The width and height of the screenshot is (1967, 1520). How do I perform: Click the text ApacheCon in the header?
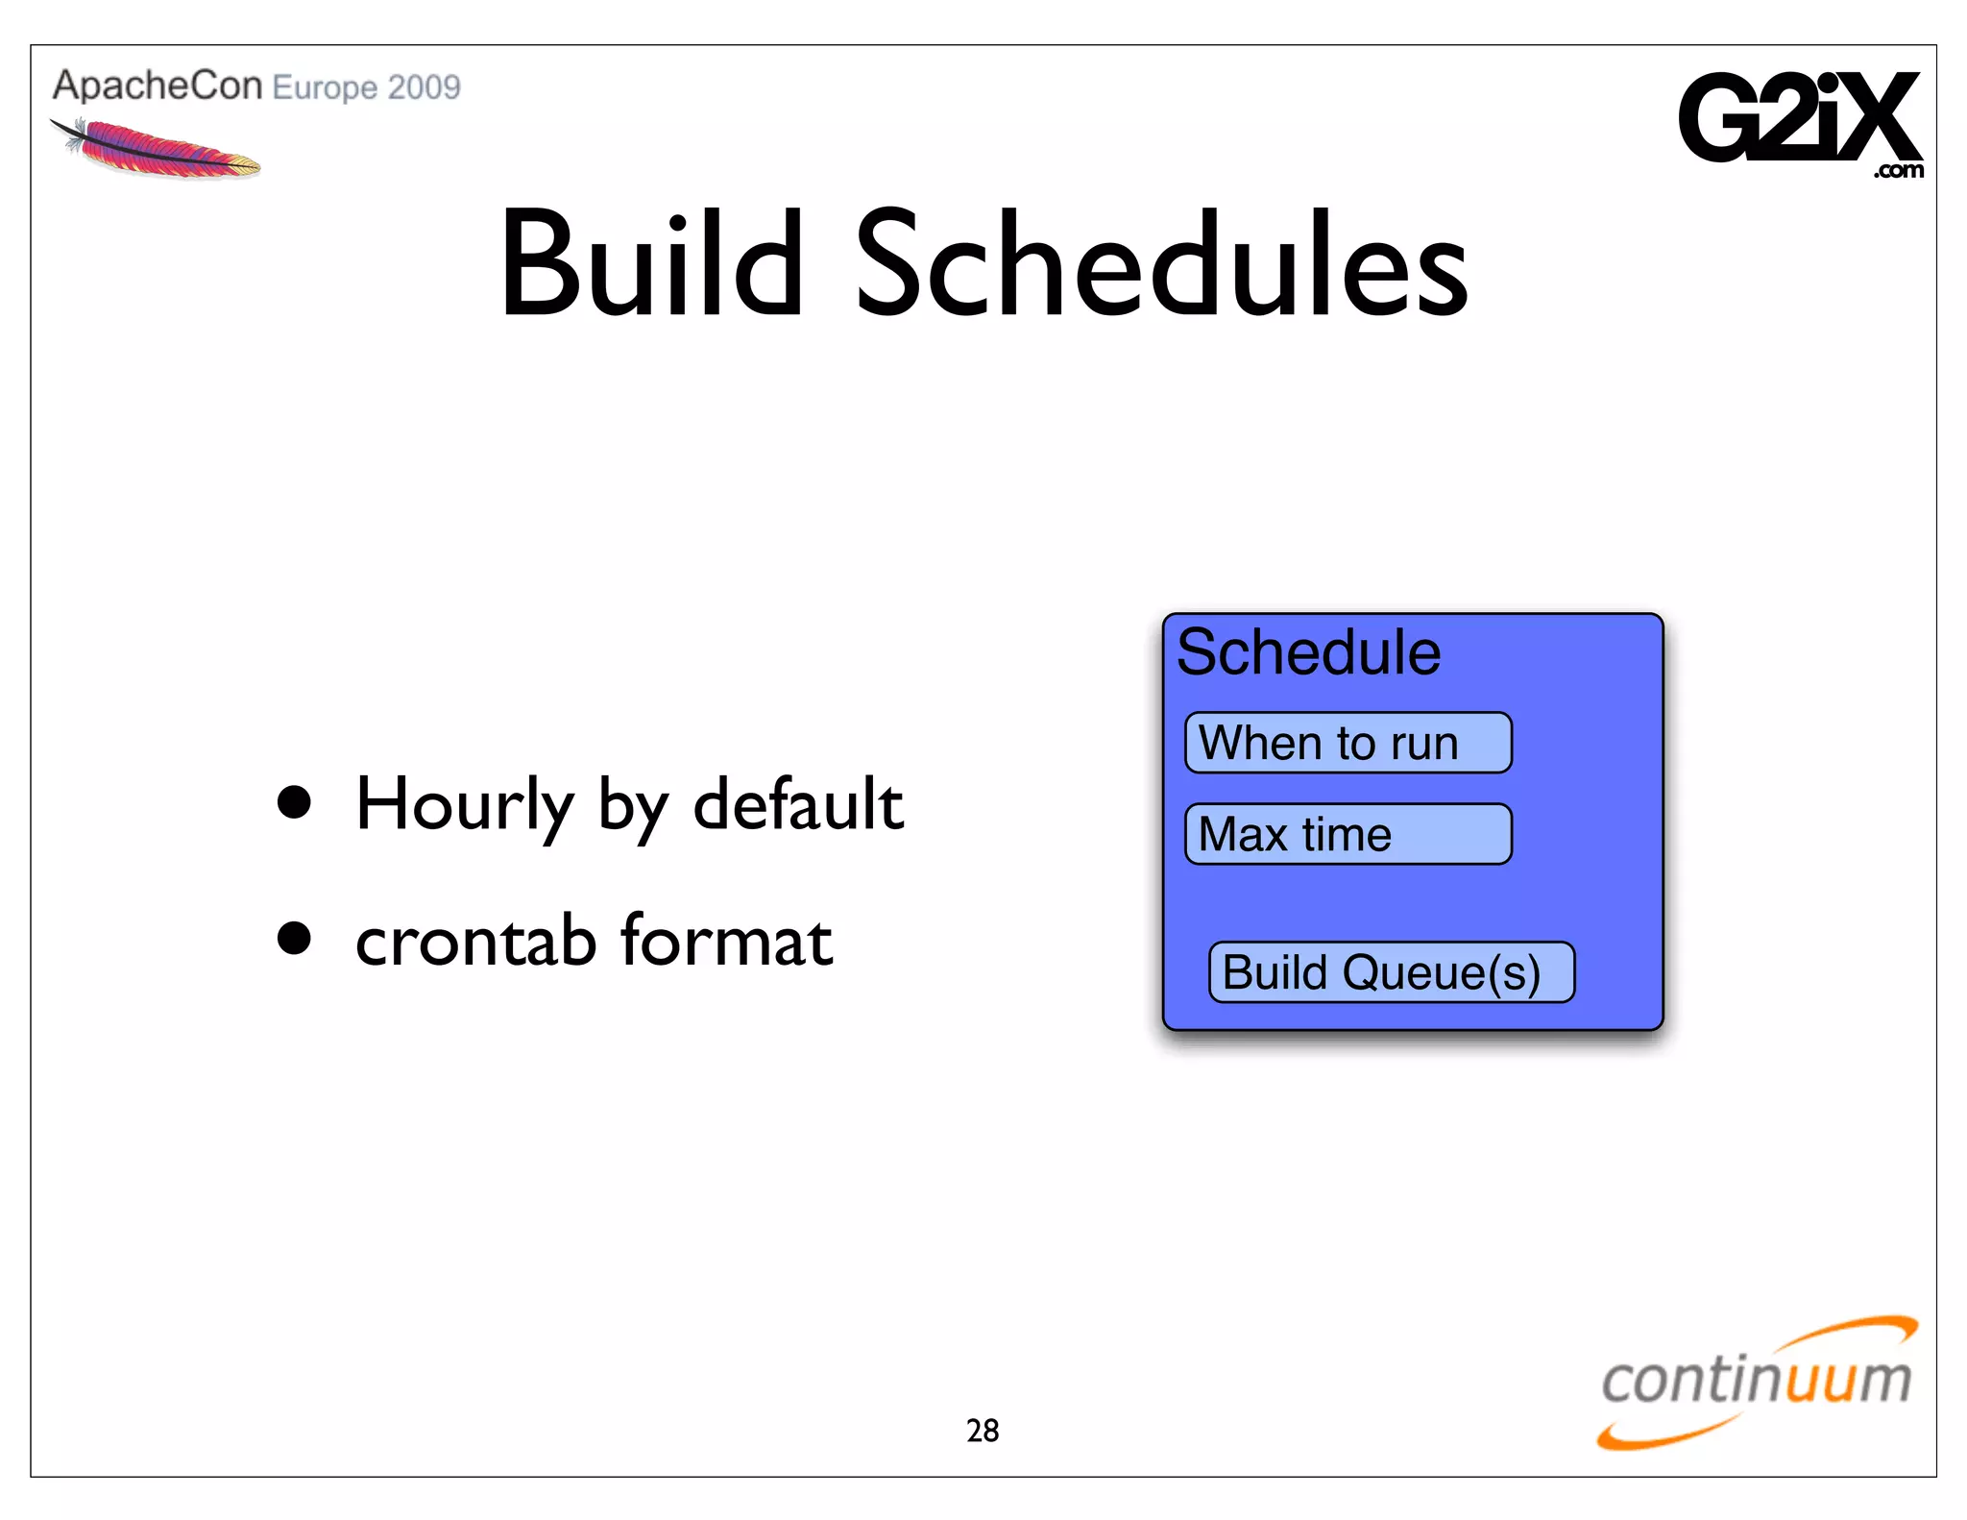[157, 86]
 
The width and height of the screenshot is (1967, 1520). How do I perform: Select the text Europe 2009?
[367, 87]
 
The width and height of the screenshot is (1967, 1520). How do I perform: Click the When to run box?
[1348, 743]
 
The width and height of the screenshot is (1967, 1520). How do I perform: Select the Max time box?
[1348, 834]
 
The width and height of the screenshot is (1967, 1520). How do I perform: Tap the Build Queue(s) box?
[1390, 972]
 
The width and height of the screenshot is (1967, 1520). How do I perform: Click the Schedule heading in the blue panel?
[1308, 652]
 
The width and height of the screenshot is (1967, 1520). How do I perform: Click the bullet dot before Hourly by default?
[294, 802]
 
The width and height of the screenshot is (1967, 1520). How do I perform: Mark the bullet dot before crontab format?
[294, 939]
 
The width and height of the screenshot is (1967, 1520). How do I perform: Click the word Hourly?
[464, 804]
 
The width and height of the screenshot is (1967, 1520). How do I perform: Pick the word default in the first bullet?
[797, 804]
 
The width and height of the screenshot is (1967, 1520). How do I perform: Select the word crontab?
[475, 941]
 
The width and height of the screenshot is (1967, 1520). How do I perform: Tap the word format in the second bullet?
[726, 941]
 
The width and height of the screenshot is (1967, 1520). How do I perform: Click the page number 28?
[983, 1431]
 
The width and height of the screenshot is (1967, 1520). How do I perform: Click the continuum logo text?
[1756, 1380]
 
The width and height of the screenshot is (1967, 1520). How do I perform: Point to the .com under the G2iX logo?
[1898, 171]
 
